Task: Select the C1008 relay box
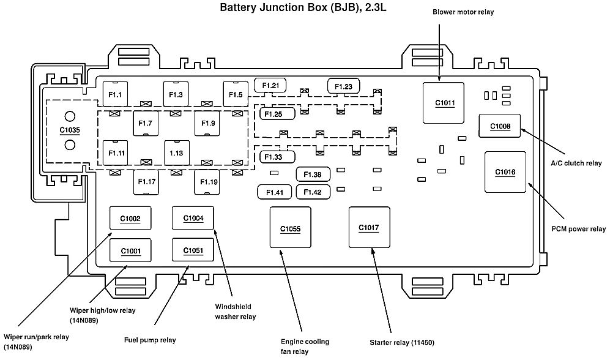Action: coord(500,126)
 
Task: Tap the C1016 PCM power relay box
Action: coord(505,172)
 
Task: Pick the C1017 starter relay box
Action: coord(369,227)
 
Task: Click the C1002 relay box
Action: coord(130,219)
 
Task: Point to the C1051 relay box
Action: coord(193,250)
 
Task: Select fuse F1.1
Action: coord(115,94)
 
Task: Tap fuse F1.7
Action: coord(145,124)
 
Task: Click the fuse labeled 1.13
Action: coord(176,152)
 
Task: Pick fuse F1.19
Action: coord(207,181)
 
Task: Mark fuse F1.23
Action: coord(343,86)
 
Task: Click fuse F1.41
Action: coord(274,192)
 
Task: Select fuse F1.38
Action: coord(313,174)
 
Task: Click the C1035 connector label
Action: coord(70,130)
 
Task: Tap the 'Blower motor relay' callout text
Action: coord(463,12)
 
